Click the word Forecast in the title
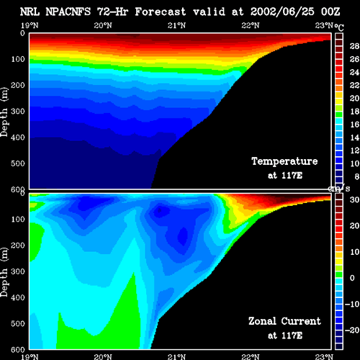pyautogui.click(x=161, y=12)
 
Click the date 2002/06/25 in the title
pyautogui.click(x=282, y=12)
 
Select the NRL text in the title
pyautogui.click(x=30, y=12)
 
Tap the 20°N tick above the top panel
pyautogui.click(x=103, y=25)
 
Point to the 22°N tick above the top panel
pyautogui.click(x=251, y=25)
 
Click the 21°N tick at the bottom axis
pyautogui.click(x=176, y=356)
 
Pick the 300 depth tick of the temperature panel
pyautogui.click(x=18, y=112)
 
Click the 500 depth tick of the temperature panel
pyautogui.click(x=18, y=163)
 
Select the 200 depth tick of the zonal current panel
pyautogui.click(x=18, y=246)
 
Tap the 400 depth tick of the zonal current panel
pyautogui.click(x=18, y=297)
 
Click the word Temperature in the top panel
pyautogui.click(x=284, y=161)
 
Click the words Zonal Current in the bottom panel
pyautogui.click(x=284, y=321)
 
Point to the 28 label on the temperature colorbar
pyautogui.click(x=354, y=46)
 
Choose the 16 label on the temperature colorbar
pyautogui.click(x=354, y=125)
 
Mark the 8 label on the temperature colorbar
pyautogui.click(x=356, y=176)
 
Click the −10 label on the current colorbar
pyautogui.click(x=352, y=304)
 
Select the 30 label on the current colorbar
pyautogui.click(x=354, y=199)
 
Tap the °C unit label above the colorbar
pyautogui.click(x=339, y=27)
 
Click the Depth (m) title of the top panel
pyautogui.click(x=4, y=112)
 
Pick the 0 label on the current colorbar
pyautogui.click(x=352, y=278)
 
